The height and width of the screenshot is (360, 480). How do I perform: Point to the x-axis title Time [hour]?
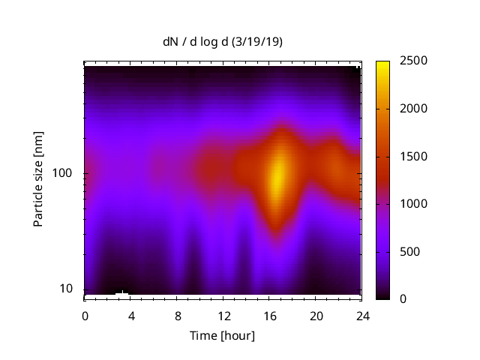(x=222, y=335)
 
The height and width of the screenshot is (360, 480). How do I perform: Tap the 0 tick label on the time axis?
(x=85, y=315)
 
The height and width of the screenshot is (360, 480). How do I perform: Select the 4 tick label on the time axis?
(x=131, y=315)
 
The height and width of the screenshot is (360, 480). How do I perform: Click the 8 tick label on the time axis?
(x=177, y=315)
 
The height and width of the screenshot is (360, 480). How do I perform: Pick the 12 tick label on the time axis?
(x=223, y=315)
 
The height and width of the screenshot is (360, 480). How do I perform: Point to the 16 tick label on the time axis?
(x=270, y=315)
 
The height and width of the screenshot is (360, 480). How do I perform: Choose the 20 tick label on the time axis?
(x=316, y=315)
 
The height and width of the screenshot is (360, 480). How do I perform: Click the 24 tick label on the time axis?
(x=362, y=315)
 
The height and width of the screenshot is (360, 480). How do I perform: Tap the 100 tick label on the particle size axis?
(x=62, y=174)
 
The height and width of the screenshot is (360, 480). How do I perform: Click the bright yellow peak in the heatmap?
(x=277, y=177)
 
